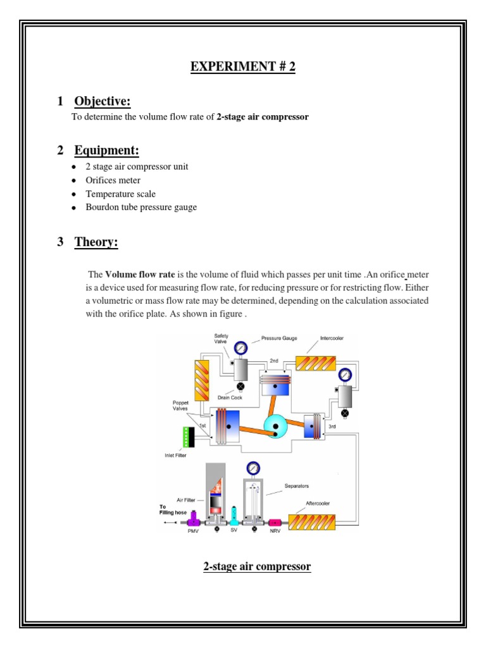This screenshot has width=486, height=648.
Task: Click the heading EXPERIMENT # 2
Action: [x=243, y=67]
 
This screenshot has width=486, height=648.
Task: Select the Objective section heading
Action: [x=102, y=101]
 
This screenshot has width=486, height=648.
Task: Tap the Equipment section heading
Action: [x=106, y=150]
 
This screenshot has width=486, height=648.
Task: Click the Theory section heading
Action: [x=96, y=242]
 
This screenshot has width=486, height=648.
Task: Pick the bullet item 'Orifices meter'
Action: [x=113, y=180]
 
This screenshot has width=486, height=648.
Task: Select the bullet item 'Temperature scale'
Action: [x=120, y=194]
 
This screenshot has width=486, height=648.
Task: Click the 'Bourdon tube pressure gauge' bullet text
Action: [x=141, y=208]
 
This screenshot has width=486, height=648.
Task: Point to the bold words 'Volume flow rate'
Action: [x=139, y=275]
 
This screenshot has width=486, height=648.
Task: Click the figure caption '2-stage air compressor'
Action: [x=257, y=566]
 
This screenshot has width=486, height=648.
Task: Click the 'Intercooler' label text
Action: [x=325, y=339]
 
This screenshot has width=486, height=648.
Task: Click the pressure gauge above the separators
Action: [x=253, y=468]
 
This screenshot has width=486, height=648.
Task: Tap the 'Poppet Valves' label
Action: [x=181, y=405]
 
